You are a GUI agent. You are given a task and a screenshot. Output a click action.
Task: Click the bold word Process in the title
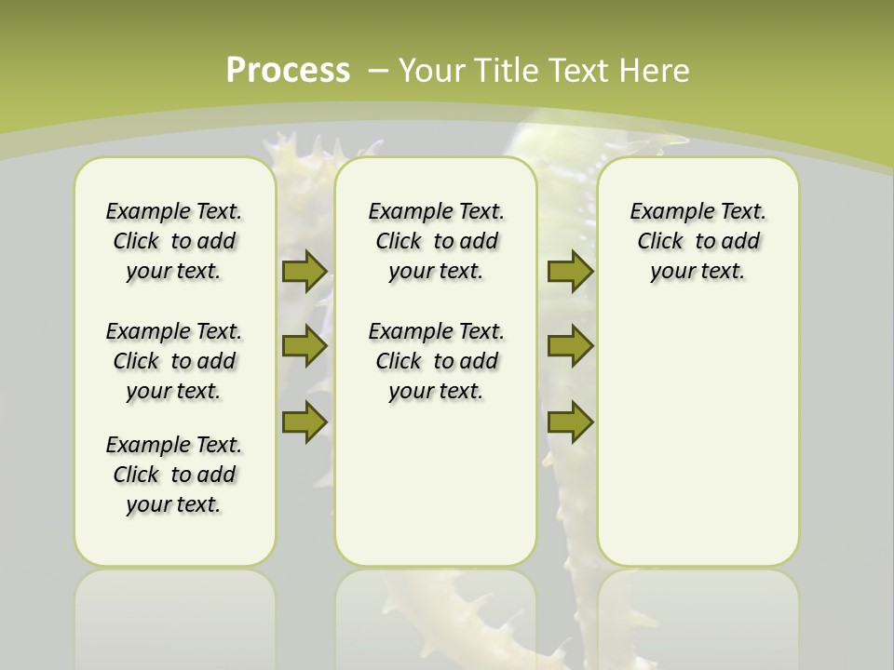click(x=288, y=71)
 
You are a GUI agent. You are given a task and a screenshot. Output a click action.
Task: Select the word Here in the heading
click(x=654, y=71)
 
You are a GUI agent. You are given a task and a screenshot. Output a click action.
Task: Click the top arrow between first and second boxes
click(x=304, y=271)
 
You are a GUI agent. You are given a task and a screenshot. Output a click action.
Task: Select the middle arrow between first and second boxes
click(x=304, y=346)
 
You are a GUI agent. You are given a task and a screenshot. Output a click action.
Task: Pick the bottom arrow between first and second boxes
click(x=304, y=422)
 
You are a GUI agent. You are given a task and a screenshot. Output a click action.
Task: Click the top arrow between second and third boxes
click(x=570, y=271)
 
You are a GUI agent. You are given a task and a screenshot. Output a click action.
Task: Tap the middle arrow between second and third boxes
click(x=570, y=346)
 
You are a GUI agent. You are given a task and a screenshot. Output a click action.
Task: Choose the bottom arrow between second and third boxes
click(x=570, y=422)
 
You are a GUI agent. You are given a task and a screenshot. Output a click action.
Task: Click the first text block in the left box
click(x=174, y=241)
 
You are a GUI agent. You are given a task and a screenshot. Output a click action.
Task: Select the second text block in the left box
click(x=174, y=361)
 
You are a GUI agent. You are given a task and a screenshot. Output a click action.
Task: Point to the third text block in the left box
click(x=174, y=475)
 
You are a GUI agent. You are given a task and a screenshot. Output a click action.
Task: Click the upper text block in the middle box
click(x=436, y=241)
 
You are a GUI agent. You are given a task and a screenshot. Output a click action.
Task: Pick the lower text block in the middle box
click(x=436, y=361)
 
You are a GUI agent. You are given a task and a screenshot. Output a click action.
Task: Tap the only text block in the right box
click(x=698, y=241)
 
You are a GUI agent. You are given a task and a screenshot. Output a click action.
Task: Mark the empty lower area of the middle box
click(x=436, y=484)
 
